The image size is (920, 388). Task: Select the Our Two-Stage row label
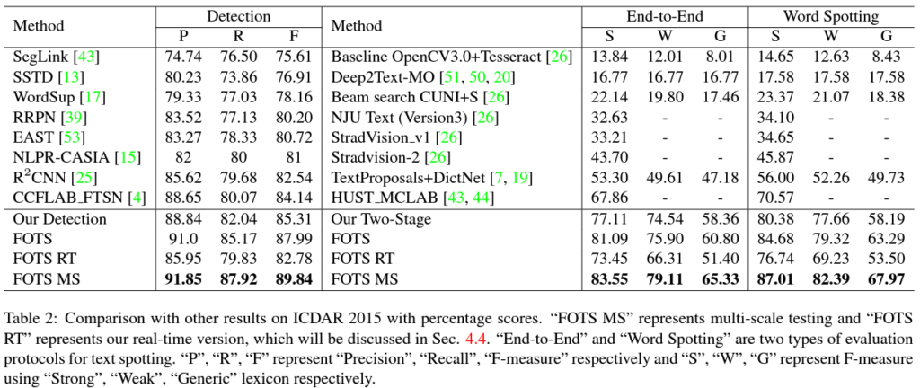(x=382, y=218)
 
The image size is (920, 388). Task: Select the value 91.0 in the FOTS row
(x=183, y=240)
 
